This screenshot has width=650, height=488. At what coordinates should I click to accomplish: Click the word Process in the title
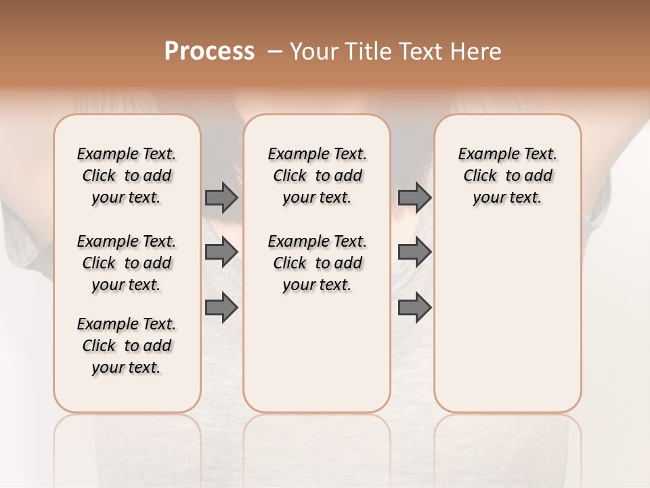209,52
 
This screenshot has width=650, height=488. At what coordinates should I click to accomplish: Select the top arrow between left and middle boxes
221,197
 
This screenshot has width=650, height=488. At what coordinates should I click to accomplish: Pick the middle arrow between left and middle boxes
221,251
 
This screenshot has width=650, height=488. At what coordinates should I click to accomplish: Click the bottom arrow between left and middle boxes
221,307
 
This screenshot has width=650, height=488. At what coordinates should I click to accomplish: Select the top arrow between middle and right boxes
414,197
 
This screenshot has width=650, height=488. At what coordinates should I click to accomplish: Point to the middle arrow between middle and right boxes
414,251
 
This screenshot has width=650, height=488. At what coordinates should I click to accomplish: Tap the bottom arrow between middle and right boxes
414,307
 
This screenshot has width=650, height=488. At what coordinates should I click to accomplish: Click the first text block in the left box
127,176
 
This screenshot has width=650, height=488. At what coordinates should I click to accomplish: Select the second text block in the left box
127,263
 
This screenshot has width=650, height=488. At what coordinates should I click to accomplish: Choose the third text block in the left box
127,346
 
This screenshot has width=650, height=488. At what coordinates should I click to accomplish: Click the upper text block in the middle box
317,176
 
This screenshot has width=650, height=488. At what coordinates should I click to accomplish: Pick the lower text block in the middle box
317,263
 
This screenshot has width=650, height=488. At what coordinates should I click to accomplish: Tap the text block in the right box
507,176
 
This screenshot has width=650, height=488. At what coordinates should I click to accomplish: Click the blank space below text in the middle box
317,352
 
